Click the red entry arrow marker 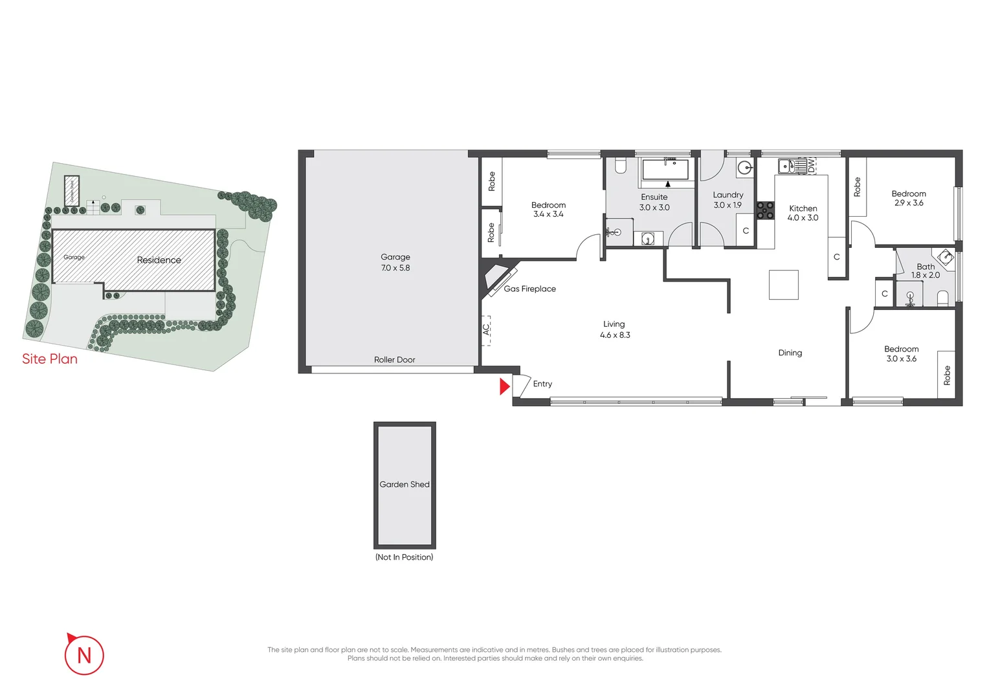504,387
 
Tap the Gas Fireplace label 529,289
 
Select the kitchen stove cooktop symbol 766,211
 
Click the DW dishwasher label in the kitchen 811,165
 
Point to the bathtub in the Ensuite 665,170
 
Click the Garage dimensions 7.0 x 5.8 395,268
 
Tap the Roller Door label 394,360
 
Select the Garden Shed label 405,484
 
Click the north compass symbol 84,654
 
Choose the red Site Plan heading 50,359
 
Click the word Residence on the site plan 159,260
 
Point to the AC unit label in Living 486,329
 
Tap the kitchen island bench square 783,285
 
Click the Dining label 790,353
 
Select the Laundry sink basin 745,168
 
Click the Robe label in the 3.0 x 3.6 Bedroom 946,375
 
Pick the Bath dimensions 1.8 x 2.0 925,275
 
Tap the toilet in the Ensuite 621,166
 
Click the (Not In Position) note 404,557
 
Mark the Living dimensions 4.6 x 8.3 614,335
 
